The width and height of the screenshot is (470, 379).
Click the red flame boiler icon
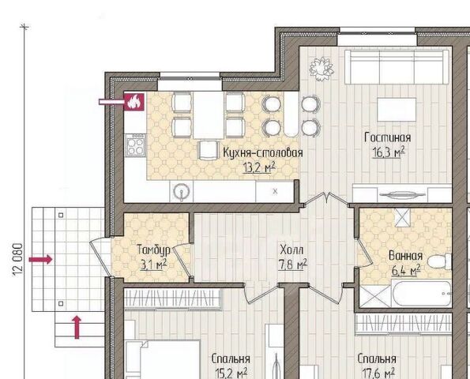coord(134,102)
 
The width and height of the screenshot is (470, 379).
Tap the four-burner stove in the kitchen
coord(136,145)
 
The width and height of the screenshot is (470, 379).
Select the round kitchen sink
coord(181,191)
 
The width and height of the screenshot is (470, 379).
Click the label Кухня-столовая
coord(263,153)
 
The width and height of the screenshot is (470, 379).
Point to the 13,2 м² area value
coord(259,167)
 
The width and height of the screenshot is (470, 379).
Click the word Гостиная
coord(388,137)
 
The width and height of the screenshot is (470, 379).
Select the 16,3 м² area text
coord(389,152)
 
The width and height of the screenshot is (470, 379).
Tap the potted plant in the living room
coord(321,69)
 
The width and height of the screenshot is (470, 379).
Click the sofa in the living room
coord(397,67)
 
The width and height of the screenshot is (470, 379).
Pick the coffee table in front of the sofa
coord(397,110)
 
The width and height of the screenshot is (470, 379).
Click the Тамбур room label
coord(153,250)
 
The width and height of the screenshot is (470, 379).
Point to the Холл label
coord(291,250)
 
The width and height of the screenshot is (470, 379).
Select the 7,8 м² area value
coord(292,265)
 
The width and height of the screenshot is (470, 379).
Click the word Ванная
coord(405,256)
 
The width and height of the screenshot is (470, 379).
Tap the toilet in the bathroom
coord(440,261)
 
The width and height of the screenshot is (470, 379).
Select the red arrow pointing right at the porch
coord(41,260)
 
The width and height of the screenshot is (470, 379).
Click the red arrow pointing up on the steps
coord(77,327)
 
